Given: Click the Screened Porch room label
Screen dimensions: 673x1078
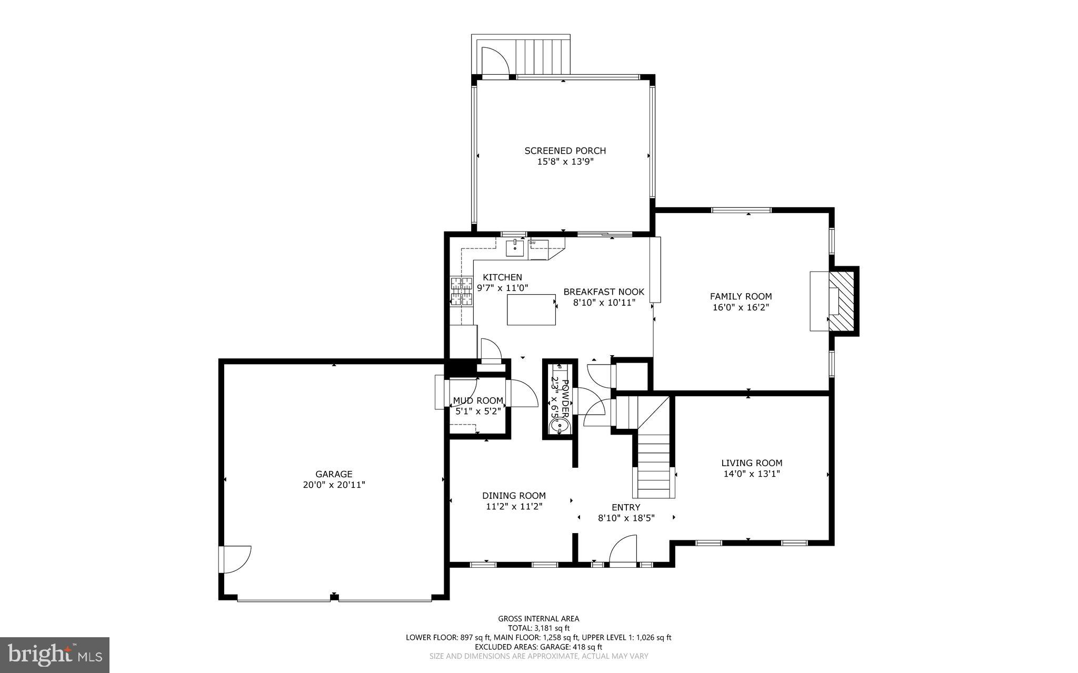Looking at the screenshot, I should (565, 150).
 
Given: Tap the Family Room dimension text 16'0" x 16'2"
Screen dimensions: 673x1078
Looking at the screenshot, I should (741, 307).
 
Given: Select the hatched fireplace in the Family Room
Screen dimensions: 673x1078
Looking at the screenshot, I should (843, 302).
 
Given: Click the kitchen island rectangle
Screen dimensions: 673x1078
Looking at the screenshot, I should (531, 309).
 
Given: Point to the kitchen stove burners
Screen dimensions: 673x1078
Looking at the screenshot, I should (462, 291).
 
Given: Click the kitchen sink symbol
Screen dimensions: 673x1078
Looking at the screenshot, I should (515, 247).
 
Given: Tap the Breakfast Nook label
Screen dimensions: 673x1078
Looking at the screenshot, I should (604, 292).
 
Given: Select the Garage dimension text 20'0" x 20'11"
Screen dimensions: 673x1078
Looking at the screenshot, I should (334, 485).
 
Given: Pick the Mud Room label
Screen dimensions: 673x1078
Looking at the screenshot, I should (478, 401).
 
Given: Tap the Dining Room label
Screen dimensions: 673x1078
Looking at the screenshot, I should (514, 496).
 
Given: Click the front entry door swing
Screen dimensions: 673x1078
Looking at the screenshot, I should (623, 550).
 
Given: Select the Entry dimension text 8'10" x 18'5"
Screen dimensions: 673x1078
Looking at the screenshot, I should (626, 518).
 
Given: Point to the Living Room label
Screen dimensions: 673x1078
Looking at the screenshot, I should (752, 463).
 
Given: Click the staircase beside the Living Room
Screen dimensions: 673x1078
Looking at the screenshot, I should (654, 463).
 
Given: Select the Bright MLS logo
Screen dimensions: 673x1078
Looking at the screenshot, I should (55, 655).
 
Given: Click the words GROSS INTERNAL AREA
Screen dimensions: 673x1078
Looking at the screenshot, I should (538, 619).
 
